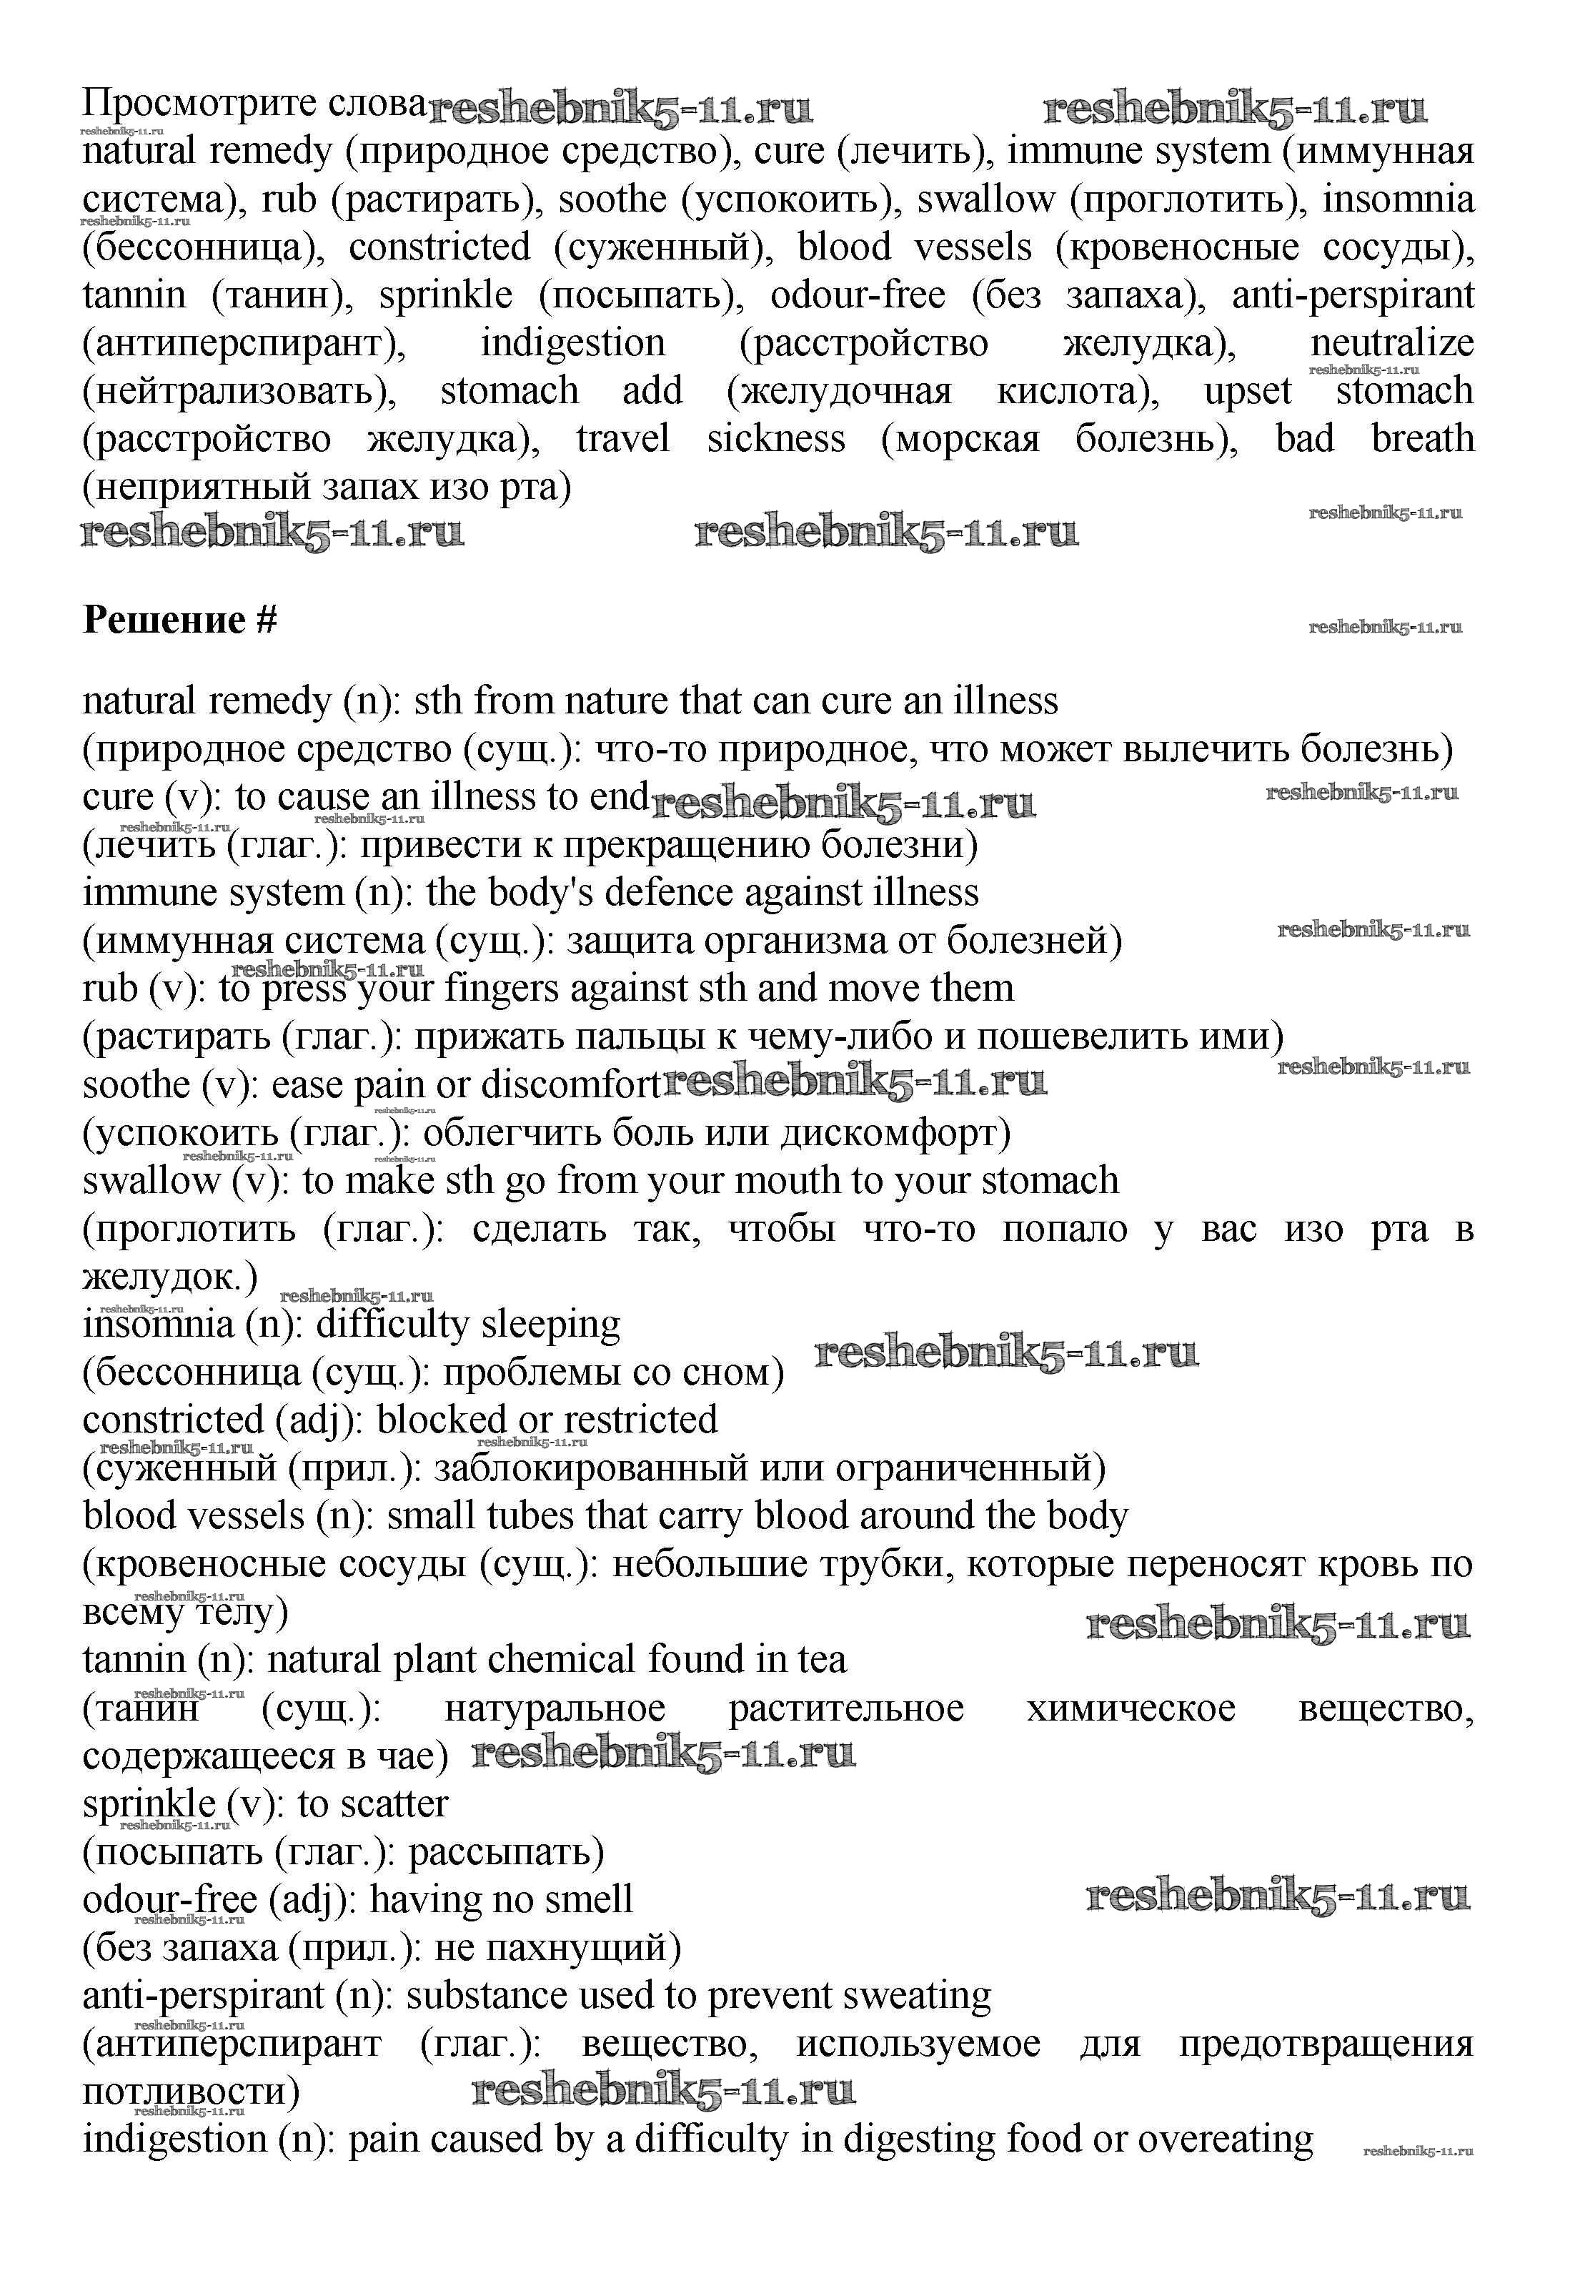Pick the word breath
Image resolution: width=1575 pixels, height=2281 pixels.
click(x=1422, y=438)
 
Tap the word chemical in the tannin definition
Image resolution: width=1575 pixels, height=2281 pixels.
click(x=562, y=1660)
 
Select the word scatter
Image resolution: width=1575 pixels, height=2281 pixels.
click(x=393, y=1804)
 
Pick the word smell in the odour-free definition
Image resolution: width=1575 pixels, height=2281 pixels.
click(x=588, y=1900)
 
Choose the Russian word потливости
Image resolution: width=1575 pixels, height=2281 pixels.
click(x=191, y=2092)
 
